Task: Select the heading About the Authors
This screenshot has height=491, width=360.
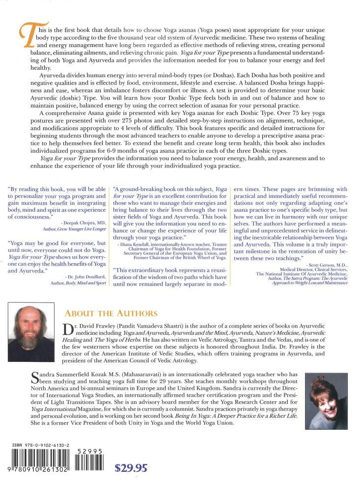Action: (111, 313)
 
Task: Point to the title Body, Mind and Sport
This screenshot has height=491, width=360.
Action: (86, 283)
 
